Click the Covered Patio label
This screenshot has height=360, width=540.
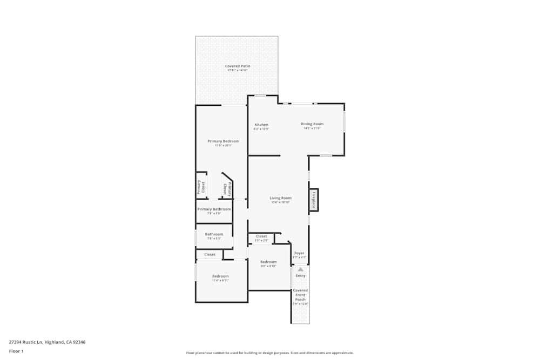[x=238, y=66]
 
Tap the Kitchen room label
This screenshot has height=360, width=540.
[x=261, y=125]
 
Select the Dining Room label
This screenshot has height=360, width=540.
[x=312, y=124]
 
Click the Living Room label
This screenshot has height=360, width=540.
[x=280, y=198]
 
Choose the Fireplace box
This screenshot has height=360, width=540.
[x=313, y=200]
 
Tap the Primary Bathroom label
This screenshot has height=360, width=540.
[x=214, y=209]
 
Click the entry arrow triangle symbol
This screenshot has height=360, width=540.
[x=300, y=269]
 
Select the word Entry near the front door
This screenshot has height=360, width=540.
[x=300, y=276]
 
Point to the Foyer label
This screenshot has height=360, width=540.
[x=299, y=253]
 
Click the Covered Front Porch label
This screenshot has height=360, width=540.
[x=300, y=295]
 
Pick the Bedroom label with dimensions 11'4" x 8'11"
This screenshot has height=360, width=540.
[x=220, y=276]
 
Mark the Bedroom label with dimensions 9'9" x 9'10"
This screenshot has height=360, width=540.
[x=268, y=262]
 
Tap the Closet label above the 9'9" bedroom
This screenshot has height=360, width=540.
[x=261, y=236]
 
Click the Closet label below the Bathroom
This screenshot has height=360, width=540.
[x=210, y=254]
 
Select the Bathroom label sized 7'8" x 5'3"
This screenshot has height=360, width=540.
[x=214, y=234]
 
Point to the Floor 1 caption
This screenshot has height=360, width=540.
[x=16, y=351]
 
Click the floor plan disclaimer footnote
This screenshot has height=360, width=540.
[x=269, y=353]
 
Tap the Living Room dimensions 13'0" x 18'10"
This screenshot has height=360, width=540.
[x=280, y=202]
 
